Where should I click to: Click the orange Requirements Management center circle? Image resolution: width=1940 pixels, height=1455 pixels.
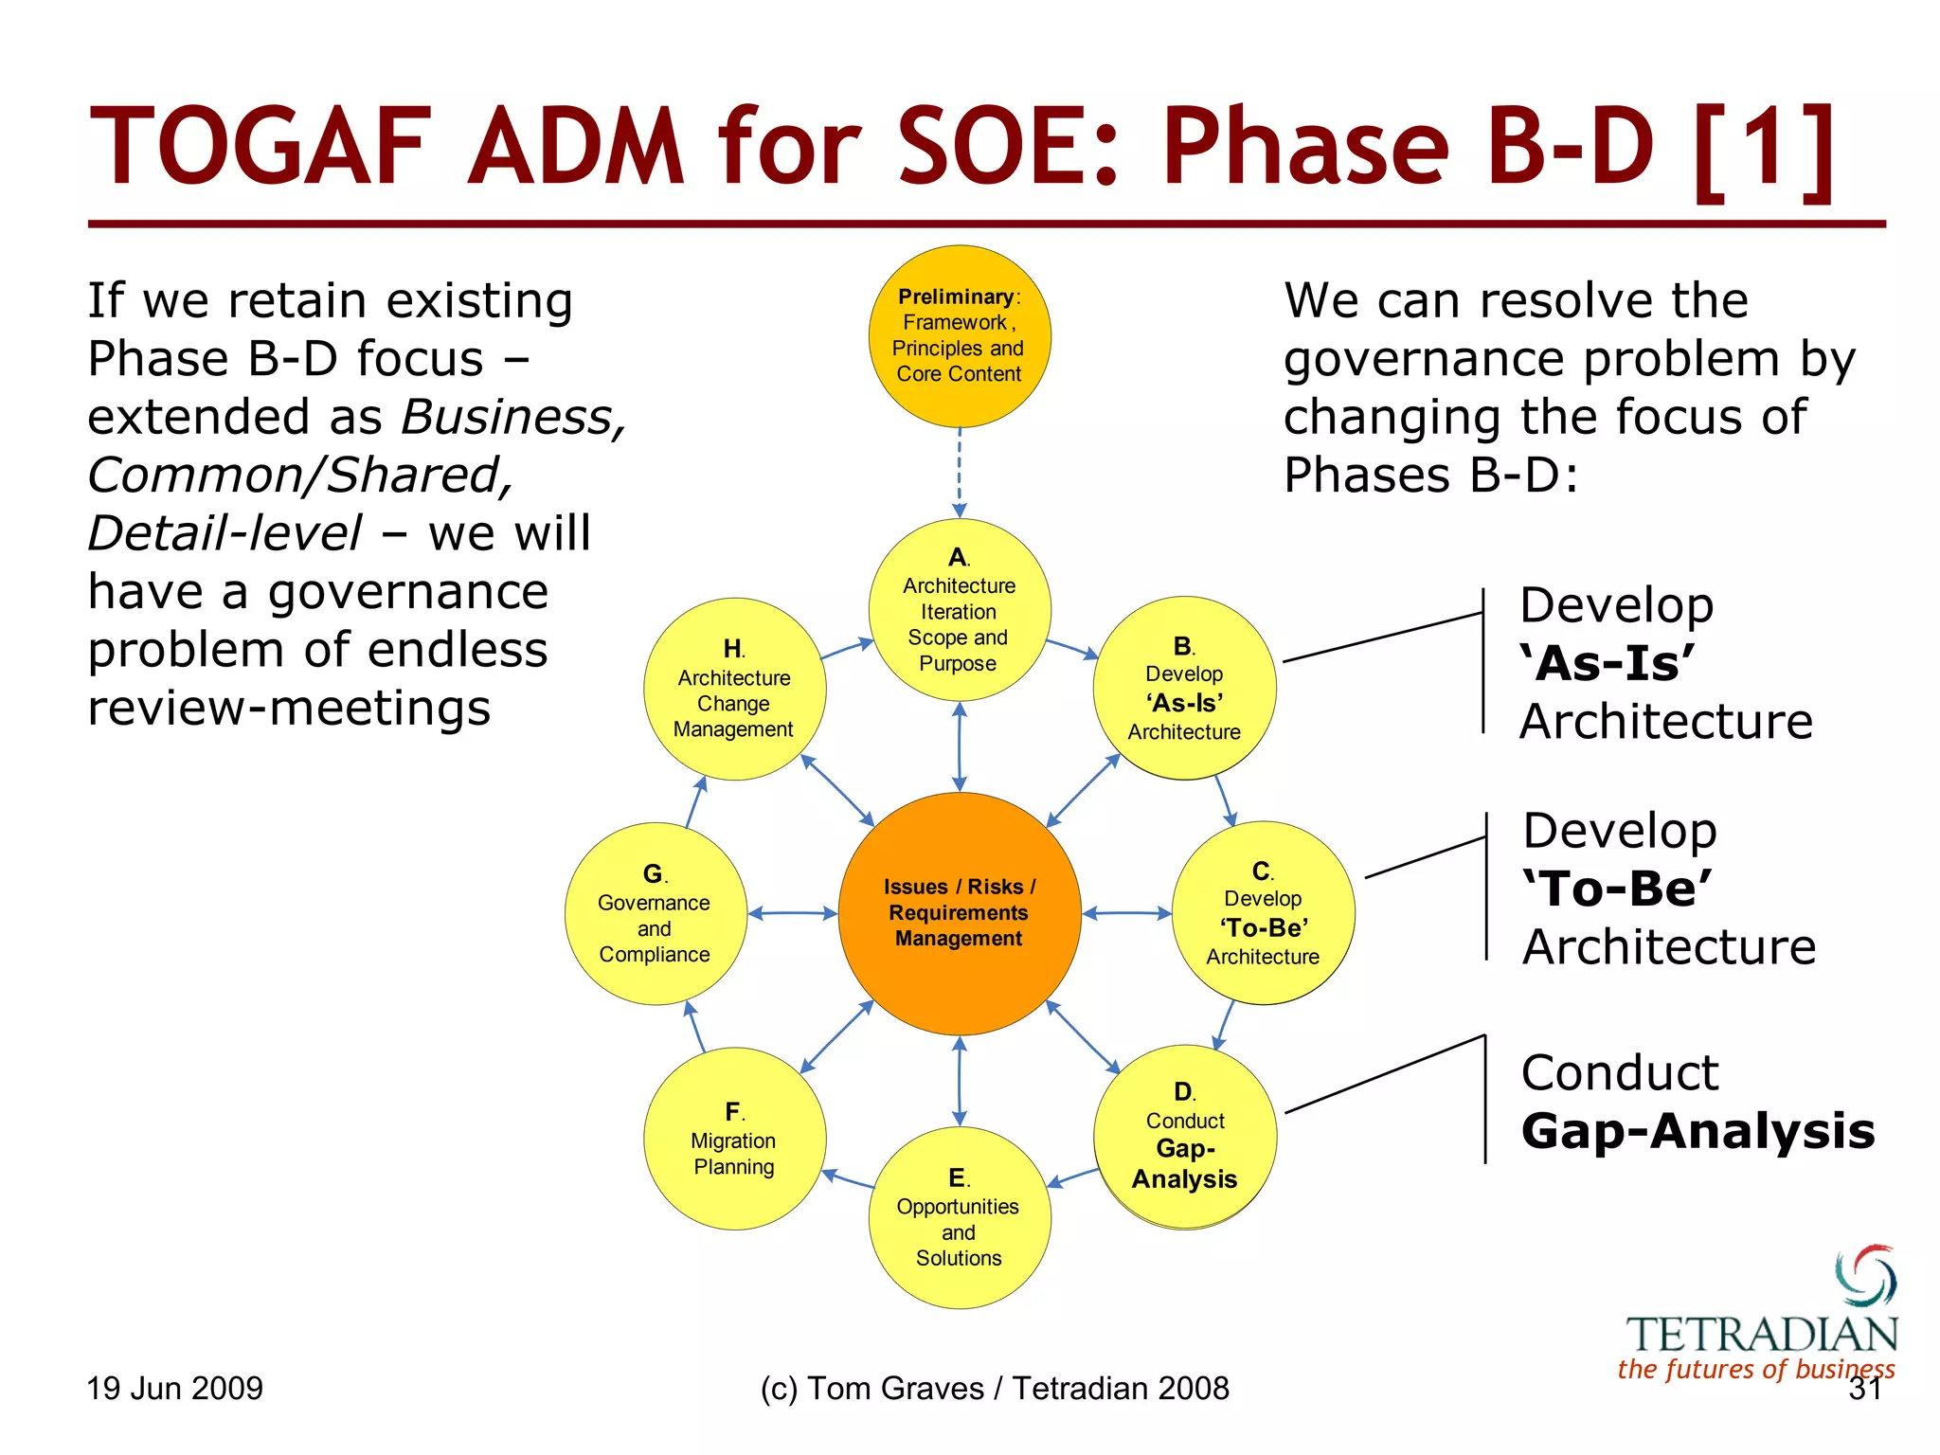(959, 913)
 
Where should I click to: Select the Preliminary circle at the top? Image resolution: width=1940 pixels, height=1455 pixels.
(959, 336)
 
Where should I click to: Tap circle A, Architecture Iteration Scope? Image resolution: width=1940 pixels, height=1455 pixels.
(959, 610)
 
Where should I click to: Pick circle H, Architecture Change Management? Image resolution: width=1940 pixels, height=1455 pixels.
(734, 689)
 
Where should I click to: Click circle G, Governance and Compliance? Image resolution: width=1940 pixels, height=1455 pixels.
(655, 913)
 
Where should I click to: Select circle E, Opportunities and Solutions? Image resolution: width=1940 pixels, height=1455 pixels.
(959, 1217)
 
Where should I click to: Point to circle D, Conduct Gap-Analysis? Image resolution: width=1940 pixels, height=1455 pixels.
(1184, 1137)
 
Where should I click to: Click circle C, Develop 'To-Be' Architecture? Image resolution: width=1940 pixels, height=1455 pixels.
(1263, 912)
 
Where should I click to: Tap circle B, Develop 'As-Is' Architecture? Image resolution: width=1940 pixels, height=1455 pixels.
(1184, 688)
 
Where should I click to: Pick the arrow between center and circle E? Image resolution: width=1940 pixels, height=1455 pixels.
(959, 1081)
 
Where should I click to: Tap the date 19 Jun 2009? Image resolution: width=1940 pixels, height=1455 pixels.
(174, 1388)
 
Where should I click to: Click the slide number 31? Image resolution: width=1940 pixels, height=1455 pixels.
(1864, 1389)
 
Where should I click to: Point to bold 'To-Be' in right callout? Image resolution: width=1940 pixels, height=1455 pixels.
(1617, 888)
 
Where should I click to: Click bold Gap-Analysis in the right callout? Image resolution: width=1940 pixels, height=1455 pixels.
(1697, 1130)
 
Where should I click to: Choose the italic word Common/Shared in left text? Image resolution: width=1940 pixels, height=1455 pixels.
(299, 475)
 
